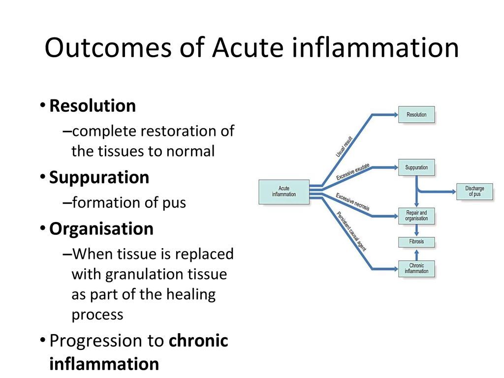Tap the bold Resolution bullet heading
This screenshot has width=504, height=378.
pyautogui.click(x=93, y=106)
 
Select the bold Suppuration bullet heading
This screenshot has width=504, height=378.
pyautogui.click(x=99, y=178)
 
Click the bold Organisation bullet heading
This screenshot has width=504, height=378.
pyautogui.click(x=101, y=229)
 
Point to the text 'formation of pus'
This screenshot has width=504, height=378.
pyautogui.click(x=129, y=203)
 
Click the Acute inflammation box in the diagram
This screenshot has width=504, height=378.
pyautogui.click(x=284, y=191)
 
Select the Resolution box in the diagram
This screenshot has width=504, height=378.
pyautogui.click(x=416, y=115)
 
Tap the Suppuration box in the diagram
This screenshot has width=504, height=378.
pyautogui.click(x=416, y=168)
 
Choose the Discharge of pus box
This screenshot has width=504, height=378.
pyautogui.click(x=474, y=191)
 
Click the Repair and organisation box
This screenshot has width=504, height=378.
pyautogui.click(x=416, y=216)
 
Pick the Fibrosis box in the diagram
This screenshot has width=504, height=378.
pyautogui.click(x=416, y=242)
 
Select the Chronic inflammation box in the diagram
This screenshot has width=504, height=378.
pyautogui.click(x=416, y=269)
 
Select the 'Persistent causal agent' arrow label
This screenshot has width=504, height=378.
pyautogui.click(x=351, y=230)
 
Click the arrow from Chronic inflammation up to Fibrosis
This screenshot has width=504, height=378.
pyautogui.click(x=416, y=254)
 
